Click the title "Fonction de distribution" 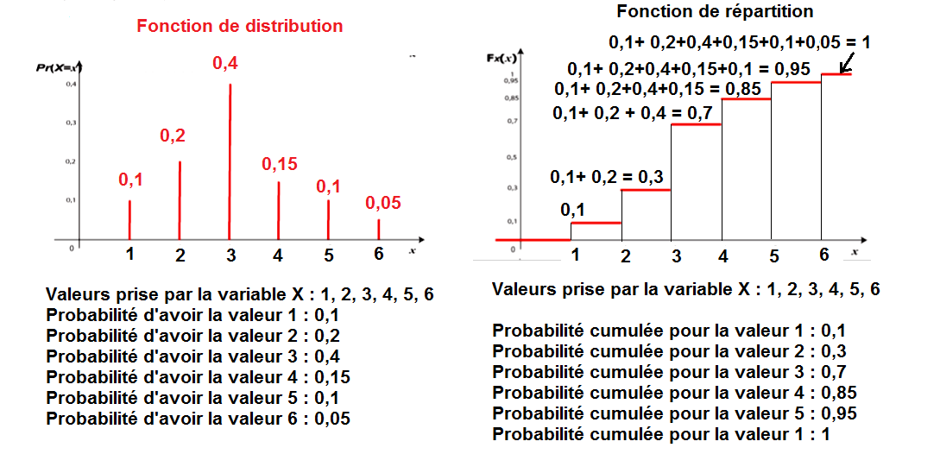(x=239, y=26)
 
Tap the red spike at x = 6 (x=378, y=230)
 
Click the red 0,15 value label (x=279, y=164)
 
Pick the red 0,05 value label (x=384, y=204)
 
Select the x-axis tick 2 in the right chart (x=625, y=255)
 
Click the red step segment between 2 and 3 (x=647, y=189)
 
